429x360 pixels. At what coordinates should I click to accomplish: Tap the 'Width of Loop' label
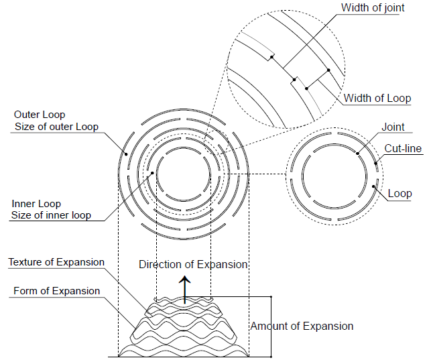[x=377, y=99]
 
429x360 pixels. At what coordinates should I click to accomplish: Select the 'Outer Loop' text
[x=40, y=115]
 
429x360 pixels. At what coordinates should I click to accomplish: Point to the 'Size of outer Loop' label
[x=56, y=127]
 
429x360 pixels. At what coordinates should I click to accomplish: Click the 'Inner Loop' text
[x=36, y=203]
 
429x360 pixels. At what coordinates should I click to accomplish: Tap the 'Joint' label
[x=393, y=127]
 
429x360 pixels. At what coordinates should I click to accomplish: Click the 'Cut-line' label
[x=403, y=148]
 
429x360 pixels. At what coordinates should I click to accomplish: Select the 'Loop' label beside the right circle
[x=400, y=194]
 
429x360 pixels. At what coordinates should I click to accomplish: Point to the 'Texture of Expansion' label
[x=56, y=262]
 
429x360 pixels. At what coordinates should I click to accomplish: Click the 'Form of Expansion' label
[x=56, y=291]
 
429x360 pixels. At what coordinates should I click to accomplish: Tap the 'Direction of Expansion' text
[x=193, y=264]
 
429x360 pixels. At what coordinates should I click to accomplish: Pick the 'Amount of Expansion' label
[x=302, y=326]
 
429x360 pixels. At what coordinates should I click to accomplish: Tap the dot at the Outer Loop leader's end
[x=127, y=152]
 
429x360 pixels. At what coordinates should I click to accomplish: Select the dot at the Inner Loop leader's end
[x=154, y=172]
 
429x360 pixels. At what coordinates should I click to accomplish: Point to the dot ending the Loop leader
[x=373, y=186]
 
